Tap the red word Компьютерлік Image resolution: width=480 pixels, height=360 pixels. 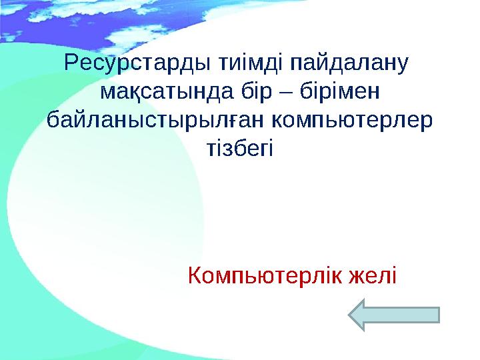point(267,274)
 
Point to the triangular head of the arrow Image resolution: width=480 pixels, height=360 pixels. point(363,315)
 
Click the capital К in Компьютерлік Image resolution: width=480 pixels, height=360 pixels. point(195,274)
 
